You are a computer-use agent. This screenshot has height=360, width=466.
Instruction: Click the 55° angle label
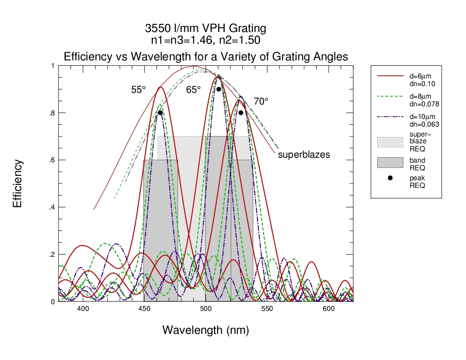(x=138, y=90)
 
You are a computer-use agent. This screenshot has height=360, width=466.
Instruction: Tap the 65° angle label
(x=193, y=90)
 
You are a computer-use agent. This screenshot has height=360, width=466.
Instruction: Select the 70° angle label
(x=260, y=102)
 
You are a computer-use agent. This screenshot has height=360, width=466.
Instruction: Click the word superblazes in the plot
(x=304, y=155)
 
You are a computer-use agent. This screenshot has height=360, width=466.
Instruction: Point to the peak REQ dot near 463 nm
(x=160, y=113)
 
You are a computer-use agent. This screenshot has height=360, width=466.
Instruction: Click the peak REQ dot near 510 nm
(x=219, y=89)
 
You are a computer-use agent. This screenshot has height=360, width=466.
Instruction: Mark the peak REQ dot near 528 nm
(x=241, y=113)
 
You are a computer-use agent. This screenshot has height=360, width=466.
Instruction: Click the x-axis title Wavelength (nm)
(x=206, y=330)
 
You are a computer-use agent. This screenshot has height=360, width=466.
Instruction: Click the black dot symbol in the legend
(x=390, y=178)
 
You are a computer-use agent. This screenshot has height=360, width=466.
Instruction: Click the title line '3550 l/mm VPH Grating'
(x=206, y=28)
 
